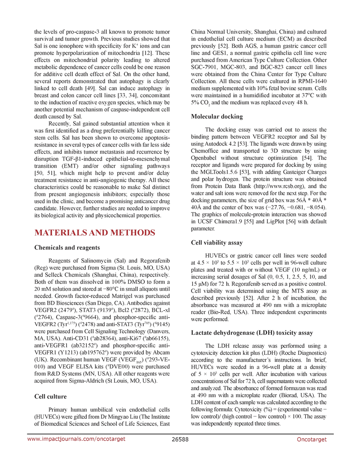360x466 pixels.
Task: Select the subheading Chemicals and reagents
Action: [69, 247]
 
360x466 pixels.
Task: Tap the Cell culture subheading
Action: [51, 396]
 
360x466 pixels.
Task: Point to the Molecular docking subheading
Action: [217, 116]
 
